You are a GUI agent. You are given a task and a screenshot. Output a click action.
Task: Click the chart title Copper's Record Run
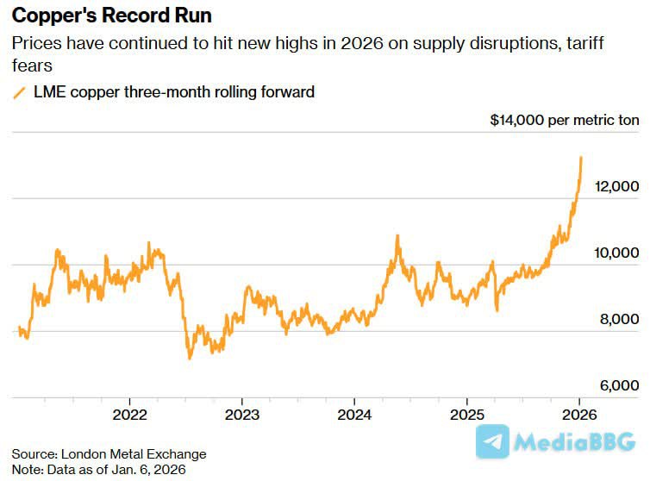click(x=111, y=16)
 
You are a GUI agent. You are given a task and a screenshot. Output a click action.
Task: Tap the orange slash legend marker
click(x=20, y=92)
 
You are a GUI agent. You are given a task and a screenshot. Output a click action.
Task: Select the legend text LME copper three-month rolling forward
click(x=172, y=92)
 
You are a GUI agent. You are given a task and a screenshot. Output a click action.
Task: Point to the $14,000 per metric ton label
click(x=564, y=121)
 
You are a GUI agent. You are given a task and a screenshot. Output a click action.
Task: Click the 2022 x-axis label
click(x=129, y=413)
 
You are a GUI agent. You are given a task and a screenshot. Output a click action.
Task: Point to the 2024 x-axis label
click(x=354, y=413)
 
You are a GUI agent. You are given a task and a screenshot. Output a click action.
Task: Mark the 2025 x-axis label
click(x=466, y=413)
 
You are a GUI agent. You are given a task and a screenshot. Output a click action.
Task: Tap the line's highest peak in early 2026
click(x=581, y=158)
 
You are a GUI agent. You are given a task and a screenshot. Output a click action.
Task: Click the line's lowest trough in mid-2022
click(x=190, y=358)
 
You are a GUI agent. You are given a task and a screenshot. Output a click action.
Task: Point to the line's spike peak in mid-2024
click(x=397, y=235)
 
